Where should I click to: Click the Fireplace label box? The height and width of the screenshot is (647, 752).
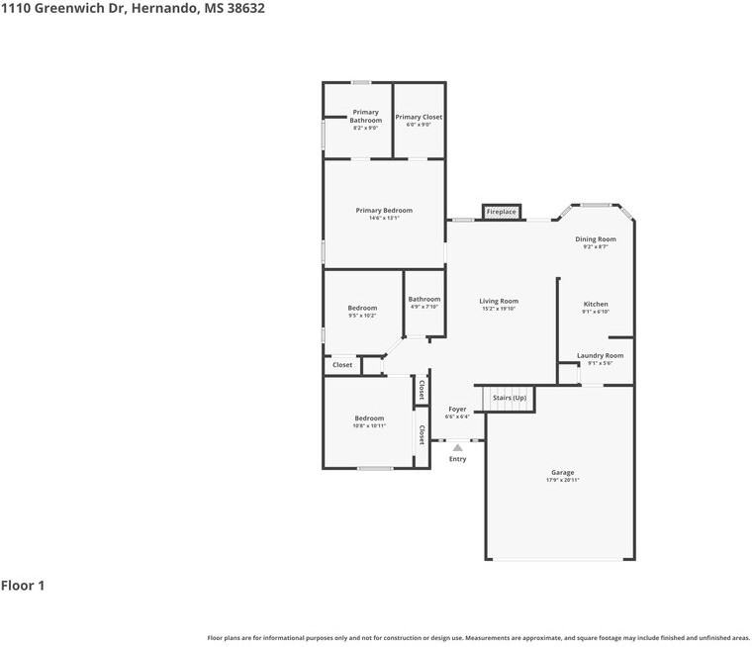click(501, 212)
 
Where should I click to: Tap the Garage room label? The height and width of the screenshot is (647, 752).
click(562, 472)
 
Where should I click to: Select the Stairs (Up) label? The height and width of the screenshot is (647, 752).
click(509, 398)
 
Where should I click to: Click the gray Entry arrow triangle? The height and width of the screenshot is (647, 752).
click(457, 447)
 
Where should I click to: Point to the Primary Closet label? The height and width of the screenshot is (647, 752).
click(419, 117)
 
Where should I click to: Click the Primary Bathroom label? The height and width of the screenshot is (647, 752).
click(365, 116)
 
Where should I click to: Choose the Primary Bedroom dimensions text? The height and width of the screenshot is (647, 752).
click(384, 218)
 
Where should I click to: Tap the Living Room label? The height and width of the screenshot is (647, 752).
click(499, 301)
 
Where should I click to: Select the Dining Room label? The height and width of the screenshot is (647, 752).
click(596, 238)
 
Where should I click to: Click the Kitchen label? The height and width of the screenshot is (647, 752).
click(596, 304)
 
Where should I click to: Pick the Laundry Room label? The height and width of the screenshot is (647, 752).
click(600, 355)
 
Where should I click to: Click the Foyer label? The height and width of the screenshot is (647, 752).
click(457, 409)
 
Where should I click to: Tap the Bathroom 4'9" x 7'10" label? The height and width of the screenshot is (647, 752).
click(424, 299)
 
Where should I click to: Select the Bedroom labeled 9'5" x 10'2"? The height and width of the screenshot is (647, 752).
click(362, 308)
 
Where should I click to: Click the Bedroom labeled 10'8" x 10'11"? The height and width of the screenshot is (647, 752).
click(369, 418)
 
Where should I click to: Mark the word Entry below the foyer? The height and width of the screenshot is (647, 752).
click(457, 459)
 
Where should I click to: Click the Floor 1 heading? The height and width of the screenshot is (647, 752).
click(23, 586)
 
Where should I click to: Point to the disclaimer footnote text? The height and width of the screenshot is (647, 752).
click(478, 638)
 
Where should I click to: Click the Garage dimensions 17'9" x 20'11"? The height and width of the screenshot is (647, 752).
click(562, 480)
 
